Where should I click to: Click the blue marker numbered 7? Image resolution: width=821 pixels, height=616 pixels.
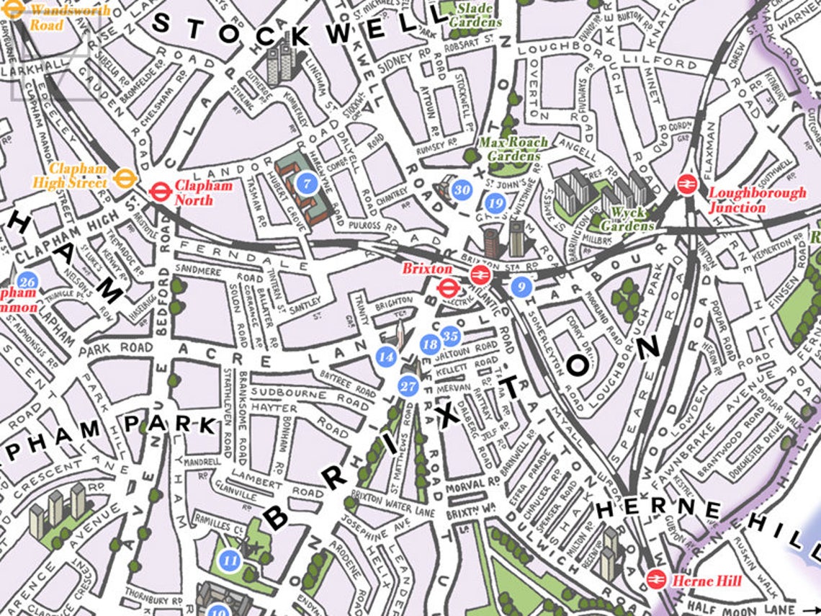pos(307,183)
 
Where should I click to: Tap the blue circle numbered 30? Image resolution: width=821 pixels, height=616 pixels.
pos(462,190)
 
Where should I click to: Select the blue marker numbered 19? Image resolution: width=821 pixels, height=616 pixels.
pos(495,203)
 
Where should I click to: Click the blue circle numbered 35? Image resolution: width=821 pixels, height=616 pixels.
pos(451,335)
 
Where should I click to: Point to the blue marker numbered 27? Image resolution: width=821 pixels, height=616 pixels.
pos(408,386)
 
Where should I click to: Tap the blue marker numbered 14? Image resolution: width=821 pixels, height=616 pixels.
pos(386,355)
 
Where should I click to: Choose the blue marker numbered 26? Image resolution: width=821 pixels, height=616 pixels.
pos(29,281)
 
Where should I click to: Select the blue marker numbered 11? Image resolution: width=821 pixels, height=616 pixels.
pos(230,560)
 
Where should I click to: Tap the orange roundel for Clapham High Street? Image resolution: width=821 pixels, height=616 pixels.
pos(126,177)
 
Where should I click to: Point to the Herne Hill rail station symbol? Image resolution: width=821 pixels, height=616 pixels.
pos(655,579)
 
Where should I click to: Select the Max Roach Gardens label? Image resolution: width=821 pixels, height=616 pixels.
pos(513,149)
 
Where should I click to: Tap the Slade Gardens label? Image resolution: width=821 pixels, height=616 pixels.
pos(472,15)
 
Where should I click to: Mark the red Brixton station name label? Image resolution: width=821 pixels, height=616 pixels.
pos(417,269)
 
